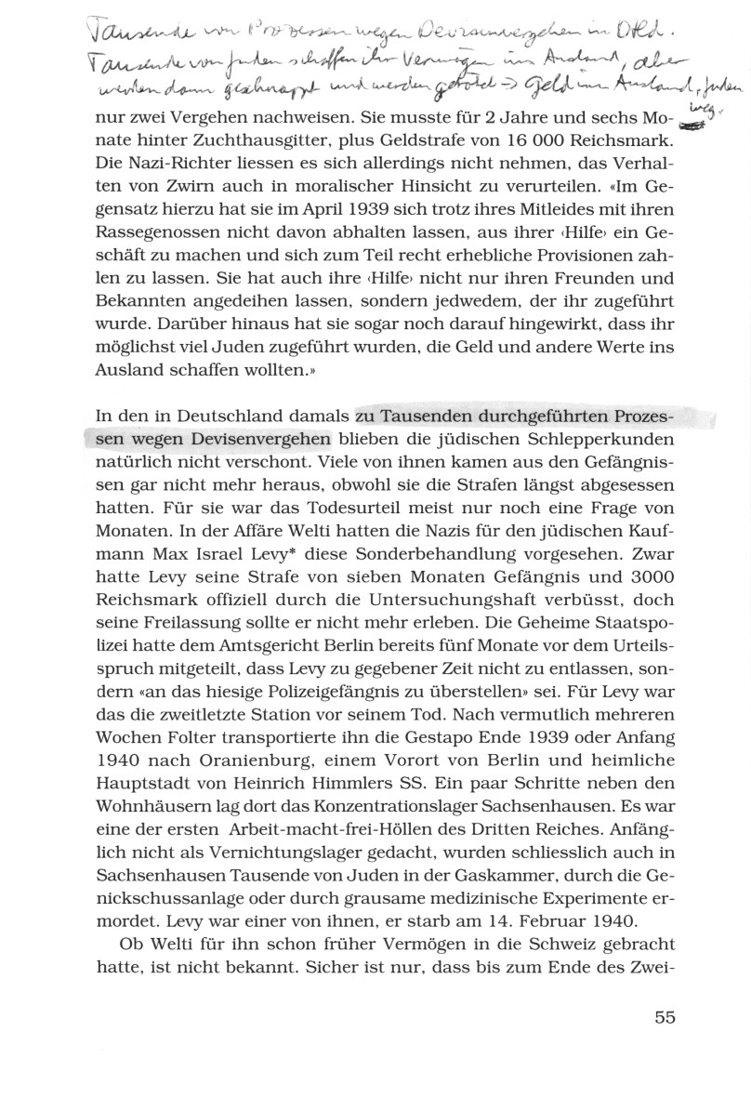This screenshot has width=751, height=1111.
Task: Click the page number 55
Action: (x=664, y=1016)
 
